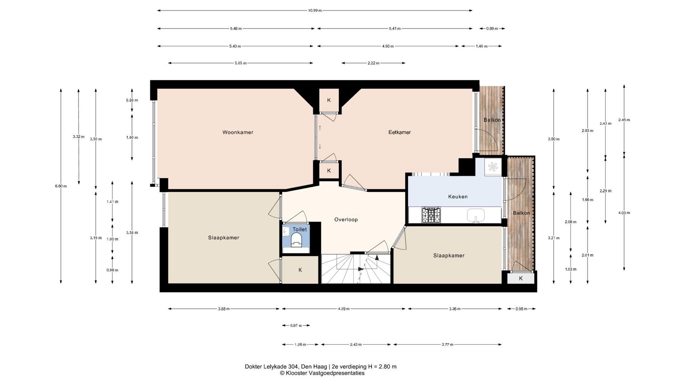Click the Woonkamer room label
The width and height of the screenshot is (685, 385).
[238, 132]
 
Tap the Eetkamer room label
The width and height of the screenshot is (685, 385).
[400, 132]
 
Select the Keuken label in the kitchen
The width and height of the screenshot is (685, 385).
[458, 196]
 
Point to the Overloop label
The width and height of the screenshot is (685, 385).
[346, 220]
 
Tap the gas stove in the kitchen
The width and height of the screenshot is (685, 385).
[431, 215]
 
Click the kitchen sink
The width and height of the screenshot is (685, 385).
[476, 216]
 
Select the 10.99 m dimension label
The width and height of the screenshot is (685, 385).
[315, 10]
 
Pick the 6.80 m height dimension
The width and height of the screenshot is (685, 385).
[61, 186]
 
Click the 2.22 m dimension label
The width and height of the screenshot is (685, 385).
[373, 63]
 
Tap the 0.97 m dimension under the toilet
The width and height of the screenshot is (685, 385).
[296, 325]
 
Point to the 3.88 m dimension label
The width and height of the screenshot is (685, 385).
[224, 309]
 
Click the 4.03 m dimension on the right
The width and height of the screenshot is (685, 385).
[624, 213]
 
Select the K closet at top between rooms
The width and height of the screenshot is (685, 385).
[329, 100]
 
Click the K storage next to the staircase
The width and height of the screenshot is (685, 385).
[300, 270]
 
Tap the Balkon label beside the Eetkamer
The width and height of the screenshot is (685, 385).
[492, 120]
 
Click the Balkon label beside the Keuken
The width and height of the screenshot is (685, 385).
[521, 213]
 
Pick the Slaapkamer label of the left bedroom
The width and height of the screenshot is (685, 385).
[224, 238]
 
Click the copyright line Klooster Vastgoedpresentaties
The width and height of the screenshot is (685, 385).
[322, 373]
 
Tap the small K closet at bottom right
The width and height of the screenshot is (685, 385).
[521, 278]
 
